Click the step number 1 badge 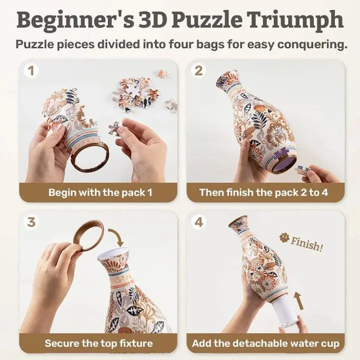pos(31,71)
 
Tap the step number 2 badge pos(199,71)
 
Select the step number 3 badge pos(31,221)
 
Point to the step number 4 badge pos(199,221)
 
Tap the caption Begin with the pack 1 pos(98,192)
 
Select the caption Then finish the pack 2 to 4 pos(263,192)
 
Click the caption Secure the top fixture pos(98,343)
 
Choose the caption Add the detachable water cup pos(265,343)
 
